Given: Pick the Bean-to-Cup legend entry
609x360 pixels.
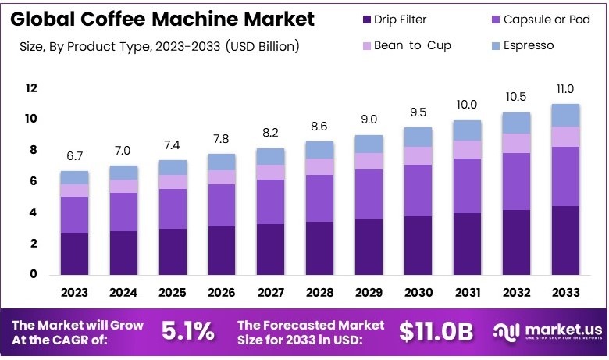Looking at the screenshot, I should (411, 45).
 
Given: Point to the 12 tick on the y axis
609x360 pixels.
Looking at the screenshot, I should (31, 88).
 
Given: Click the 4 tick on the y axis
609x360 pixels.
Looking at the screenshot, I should (34, 212).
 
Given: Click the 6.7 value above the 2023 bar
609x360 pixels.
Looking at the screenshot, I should (75, 156).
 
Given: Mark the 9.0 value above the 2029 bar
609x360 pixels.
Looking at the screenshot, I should (369, 119).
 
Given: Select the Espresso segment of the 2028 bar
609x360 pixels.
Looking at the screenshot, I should (319, 150).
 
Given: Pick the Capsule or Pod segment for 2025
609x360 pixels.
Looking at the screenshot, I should (173, 209).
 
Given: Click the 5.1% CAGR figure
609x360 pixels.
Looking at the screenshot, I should (187, 331).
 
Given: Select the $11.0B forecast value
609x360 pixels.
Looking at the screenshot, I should (436, 331).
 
